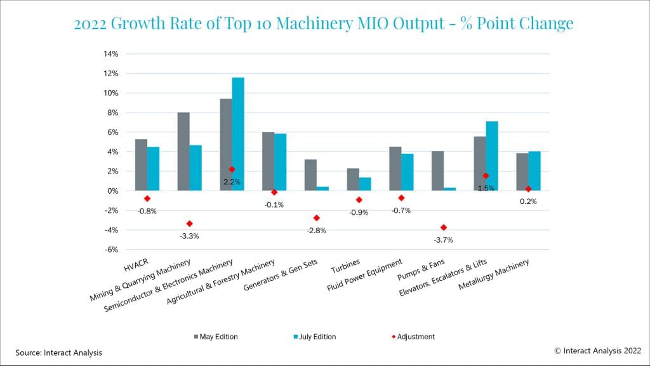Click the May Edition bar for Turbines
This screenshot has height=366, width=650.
click(353, 179)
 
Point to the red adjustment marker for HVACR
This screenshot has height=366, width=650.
click(147, 199)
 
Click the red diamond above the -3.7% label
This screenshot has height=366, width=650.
click(444, 227)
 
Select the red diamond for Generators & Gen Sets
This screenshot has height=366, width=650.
click(316, 218)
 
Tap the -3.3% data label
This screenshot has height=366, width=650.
click(189, 236)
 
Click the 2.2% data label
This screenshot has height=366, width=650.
click(232, 182)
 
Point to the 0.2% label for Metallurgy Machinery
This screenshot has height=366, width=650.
click(528, 201)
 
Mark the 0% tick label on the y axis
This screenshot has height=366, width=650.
click(112, 191)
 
